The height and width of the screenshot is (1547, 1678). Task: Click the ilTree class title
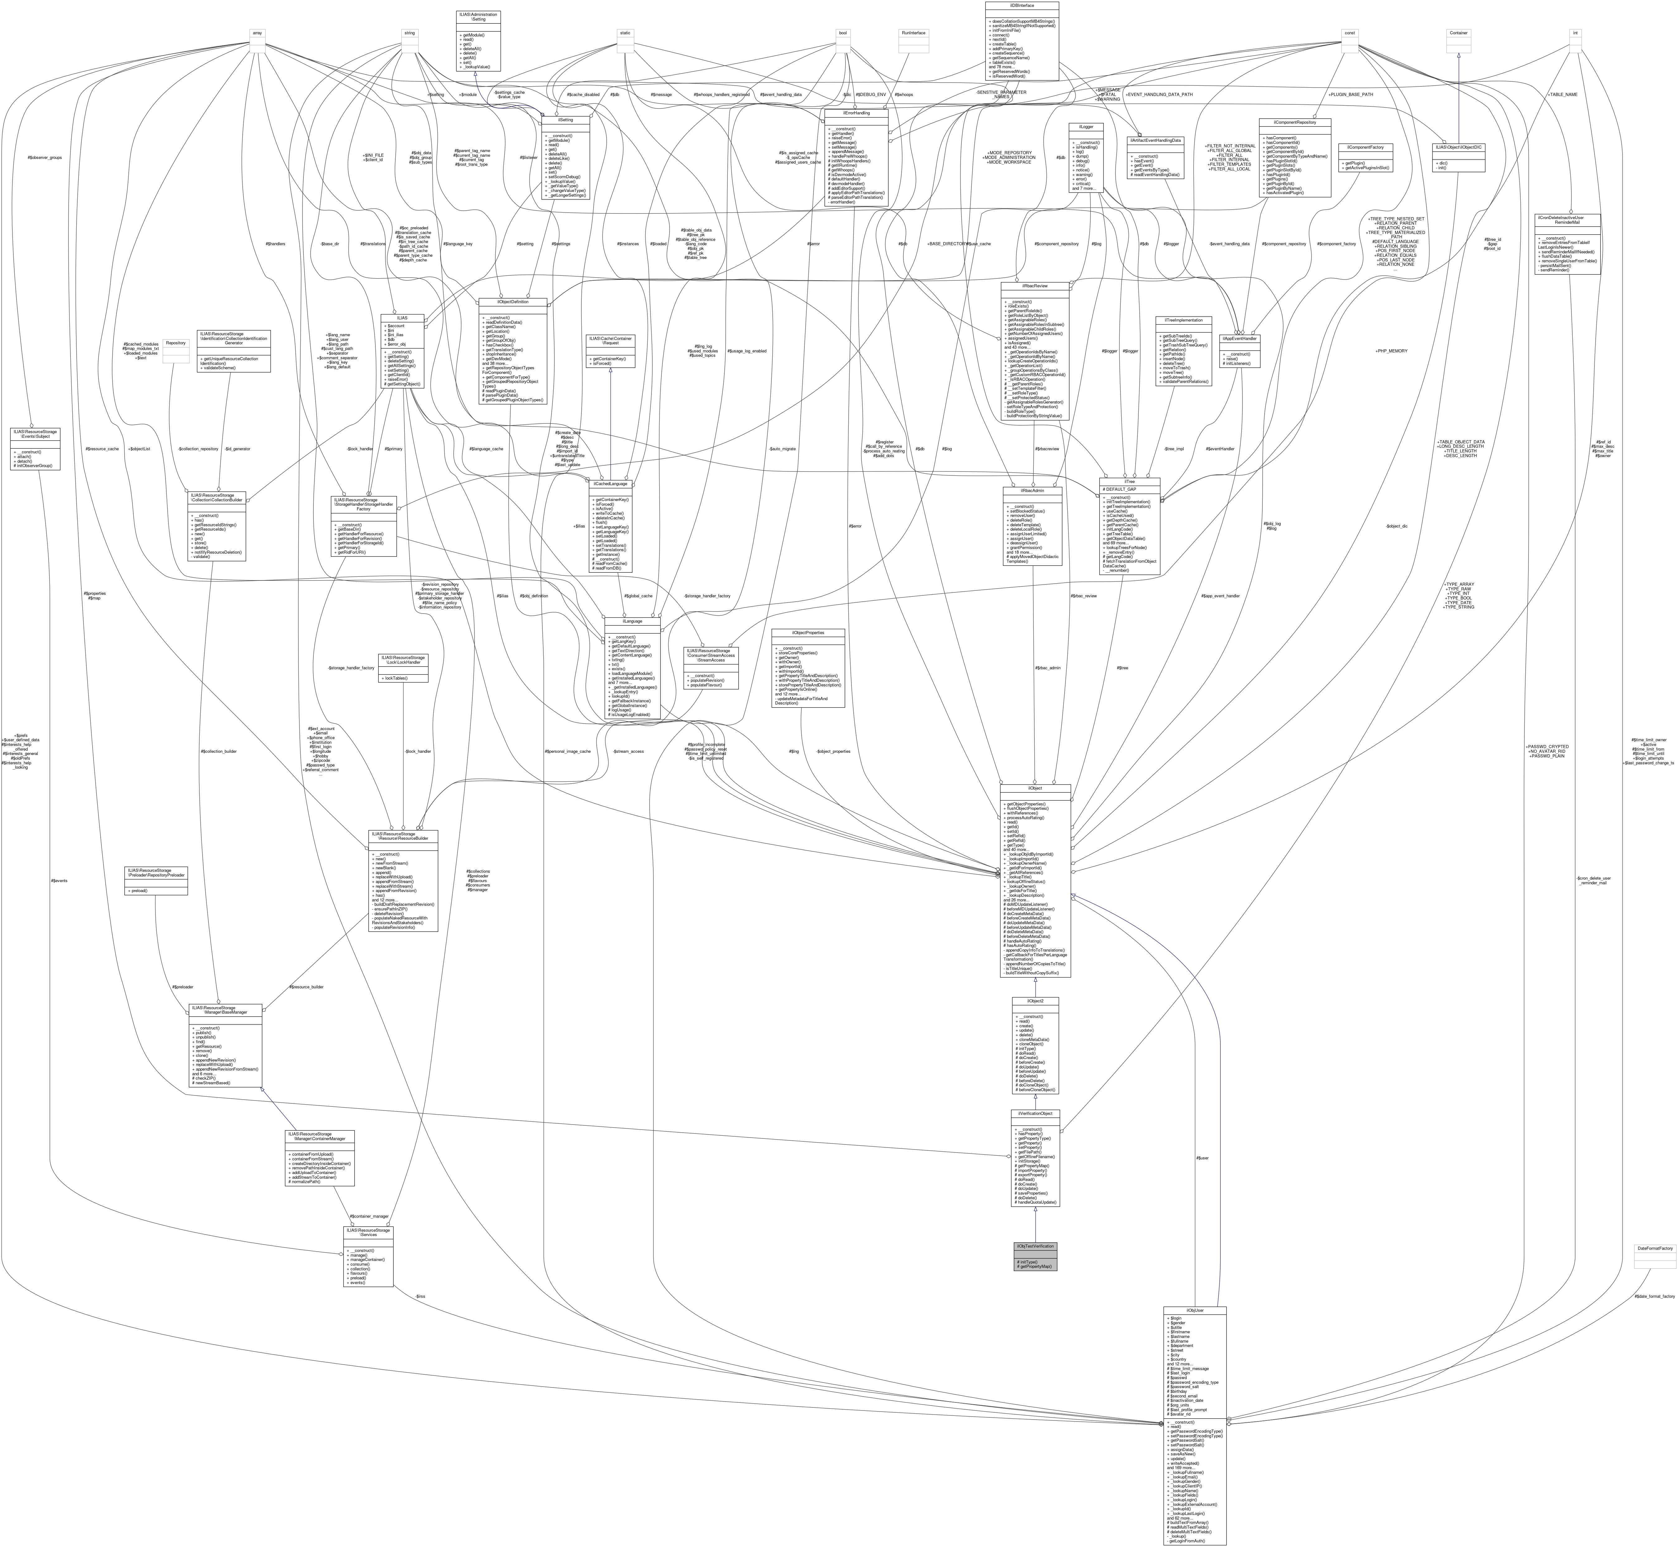1129,481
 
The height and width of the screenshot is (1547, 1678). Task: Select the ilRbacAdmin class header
1032,490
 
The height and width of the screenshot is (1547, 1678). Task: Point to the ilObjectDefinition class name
512,301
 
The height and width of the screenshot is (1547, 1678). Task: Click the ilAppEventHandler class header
1239,338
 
